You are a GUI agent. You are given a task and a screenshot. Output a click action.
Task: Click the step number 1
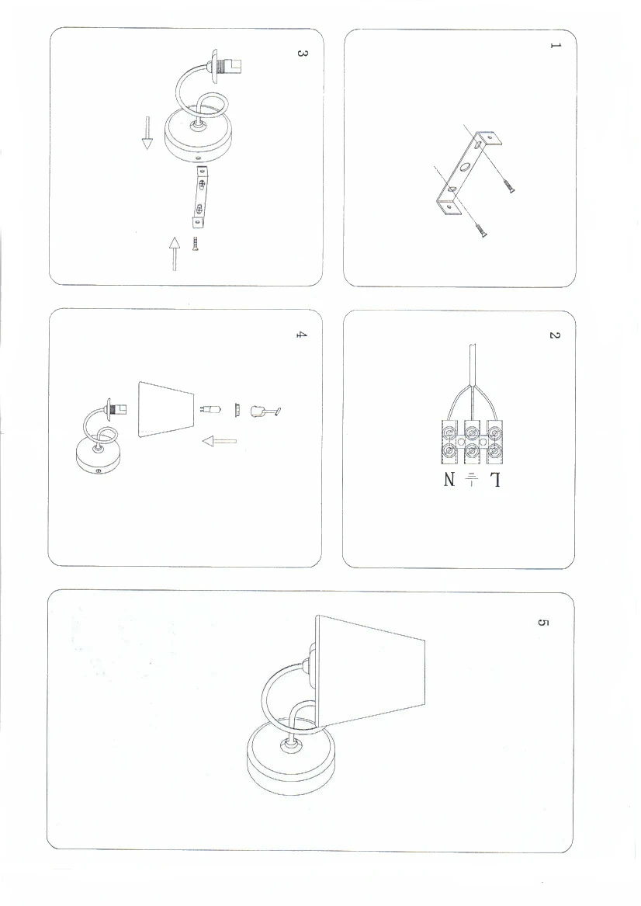(555, 45)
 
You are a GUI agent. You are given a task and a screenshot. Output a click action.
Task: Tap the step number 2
(554, 335)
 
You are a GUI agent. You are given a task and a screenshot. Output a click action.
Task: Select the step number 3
(301, 53)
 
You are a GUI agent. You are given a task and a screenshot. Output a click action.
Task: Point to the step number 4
(301, 335)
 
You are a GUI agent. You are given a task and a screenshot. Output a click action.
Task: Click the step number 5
(542, 623)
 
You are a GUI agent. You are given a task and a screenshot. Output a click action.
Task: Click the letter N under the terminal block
(450, 480)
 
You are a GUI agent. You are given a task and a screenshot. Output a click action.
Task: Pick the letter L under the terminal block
(495, 480)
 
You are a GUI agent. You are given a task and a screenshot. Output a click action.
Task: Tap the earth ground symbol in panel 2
(472, 479)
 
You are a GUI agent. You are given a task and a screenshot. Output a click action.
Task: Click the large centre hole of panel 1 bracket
(465, 169)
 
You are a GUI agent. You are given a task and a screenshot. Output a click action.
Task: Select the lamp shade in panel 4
(166, 410)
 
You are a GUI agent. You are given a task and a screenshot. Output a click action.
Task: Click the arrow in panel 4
(220, 442)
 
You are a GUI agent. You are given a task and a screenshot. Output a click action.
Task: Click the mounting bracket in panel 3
(199, 196)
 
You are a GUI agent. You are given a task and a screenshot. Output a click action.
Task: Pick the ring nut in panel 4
(237, 410)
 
